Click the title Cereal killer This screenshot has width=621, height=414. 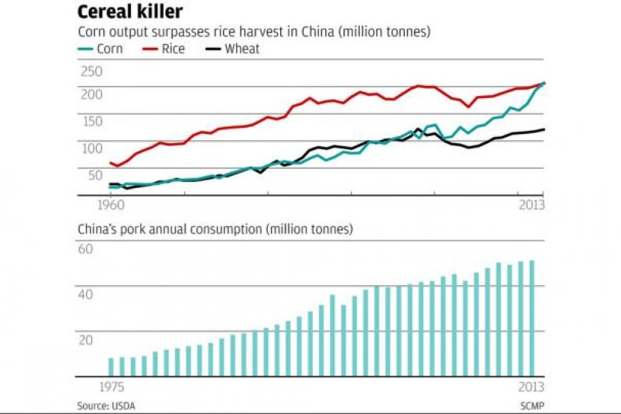coord(130,12)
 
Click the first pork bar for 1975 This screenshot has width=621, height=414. coord(111,367)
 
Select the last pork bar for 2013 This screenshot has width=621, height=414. coord(532,318)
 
